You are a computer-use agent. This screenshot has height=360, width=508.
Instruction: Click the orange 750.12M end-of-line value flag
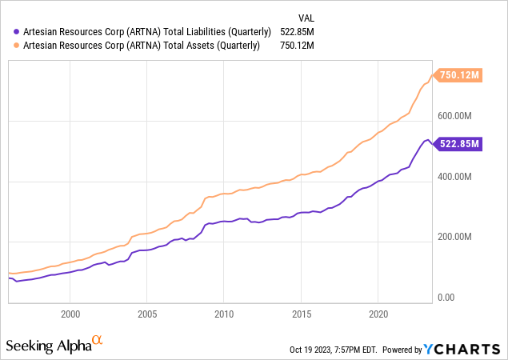(458, 76)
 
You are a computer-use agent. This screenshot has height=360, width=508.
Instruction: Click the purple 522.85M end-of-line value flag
(458, 144)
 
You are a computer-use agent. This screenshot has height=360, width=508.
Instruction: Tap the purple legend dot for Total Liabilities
(16, 30)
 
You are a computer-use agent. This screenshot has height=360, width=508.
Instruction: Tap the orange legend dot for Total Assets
(16, 45)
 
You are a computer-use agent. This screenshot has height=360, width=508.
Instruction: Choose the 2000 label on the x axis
(70, 313)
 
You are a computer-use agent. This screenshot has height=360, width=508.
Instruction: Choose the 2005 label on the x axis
(147, 313)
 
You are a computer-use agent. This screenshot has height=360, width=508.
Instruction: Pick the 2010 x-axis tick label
(224, 313)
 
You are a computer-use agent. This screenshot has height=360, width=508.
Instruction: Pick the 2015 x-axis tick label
(301, 313)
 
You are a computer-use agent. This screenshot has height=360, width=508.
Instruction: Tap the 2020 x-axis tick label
(378, 313)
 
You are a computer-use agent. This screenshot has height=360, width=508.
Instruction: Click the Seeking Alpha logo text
(48, 346)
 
